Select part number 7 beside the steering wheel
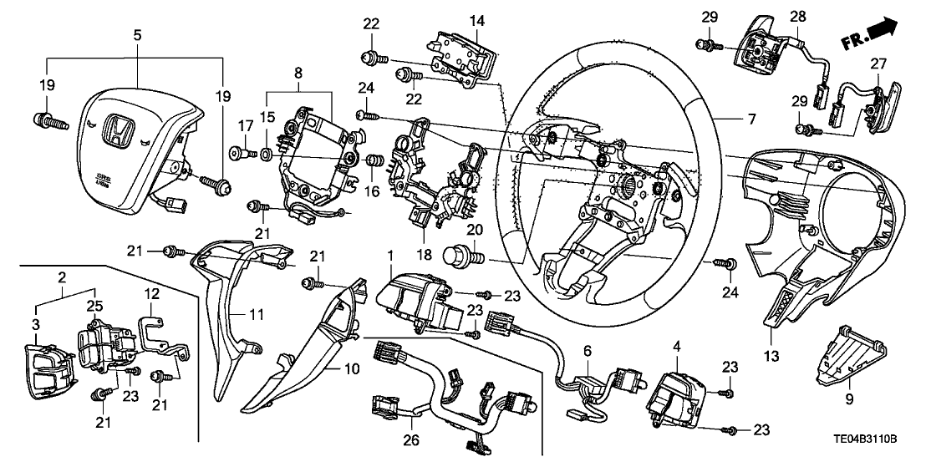click(x=750, y=120)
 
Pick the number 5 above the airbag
click(x=138, y=35)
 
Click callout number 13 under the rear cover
click(x=771, y=357)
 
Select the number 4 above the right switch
click(x=675, y=344)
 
